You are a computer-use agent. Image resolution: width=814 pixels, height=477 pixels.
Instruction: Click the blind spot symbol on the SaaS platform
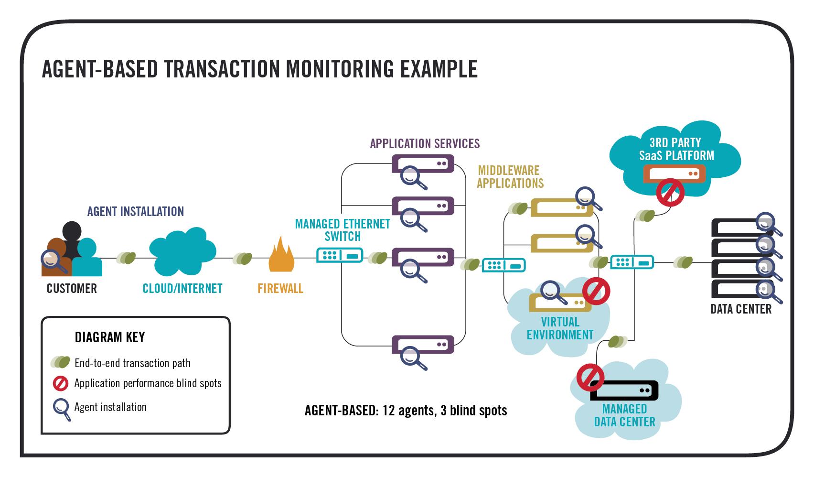click(670, 192)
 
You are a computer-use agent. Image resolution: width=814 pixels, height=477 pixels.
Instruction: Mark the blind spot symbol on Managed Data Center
click(591, 378)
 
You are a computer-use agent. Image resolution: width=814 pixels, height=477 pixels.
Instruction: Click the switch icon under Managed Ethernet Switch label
click(340, 255)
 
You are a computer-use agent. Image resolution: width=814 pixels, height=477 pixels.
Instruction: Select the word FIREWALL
click(280, 289)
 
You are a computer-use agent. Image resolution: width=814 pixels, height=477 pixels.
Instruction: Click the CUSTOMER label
click(72, 289)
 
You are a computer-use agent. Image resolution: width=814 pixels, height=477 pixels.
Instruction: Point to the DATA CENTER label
click(740, 309)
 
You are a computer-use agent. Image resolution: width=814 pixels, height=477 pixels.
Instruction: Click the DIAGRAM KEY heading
click(110, 337)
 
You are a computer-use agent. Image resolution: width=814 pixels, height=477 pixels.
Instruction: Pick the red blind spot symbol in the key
click(61, 383)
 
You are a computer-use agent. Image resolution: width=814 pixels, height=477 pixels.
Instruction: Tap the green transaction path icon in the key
click(61, 363)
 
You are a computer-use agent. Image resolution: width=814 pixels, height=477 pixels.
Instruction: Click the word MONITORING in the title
click(340, 69)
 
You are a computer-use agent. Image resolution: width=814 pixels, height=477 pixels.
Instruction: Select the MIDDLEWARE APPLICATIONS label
click(510, 177)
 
